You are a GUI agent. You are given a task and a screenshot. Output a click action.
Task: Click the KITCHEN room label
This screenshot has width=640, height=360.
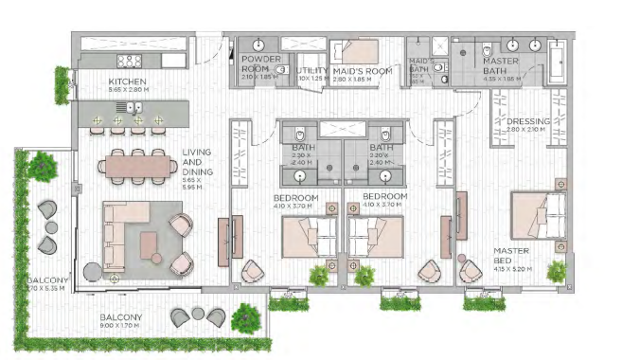coord(128,82)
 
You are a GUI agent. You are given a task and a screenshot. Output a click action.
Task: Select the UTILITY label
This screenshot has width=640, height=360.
coord(311,70)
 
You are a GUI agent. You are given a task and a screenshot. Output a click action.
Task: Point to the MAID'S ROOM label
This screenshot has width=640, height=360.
coord(363,70)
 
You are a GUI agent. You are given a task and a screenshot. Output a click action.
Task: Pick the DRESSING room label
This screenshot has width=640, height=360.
coord(528,121)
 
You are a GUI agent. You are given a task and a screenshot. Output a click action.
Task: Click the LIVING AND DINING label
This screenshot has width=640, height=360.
coord(197,157)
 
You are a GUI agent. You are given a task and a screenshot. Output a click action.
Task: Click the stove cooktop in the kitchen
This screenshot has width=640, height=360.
coord(128,61)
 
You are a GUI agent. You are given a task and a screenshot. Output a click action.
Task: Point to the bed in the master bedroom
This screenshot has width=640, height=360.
coord(539,217)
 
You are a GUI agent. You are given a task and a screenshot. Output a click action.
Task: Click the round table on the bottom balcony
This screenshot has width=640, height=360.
coord(198,313)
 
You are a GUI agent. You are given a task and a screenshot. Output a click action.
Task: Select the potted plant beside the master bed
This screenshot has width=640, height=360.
coord(557,271)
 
